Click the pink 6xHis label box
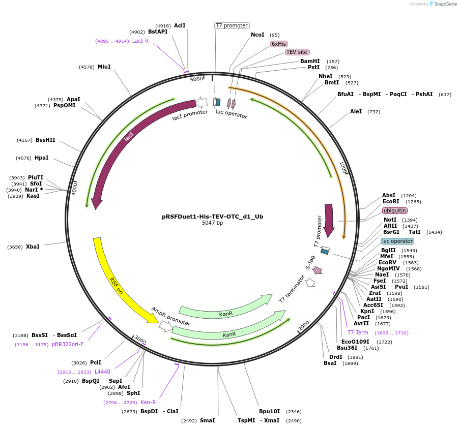click(279, 44)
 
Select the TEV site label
click(297, 52)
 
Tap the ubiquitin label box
click(395, 210)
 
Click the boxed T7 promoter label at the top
click(232, 25)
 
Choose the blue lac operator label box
click(397, 241)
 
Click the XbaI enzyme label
click(33, 247)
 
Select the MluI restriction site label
click(104, 67)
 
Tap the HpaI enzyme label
click(42, 158)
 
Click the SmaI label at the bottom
click(207, 420)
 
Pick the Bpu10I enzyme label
click(270, 411)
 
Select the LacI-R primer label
click(140, 41)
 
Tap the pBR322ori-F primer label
click(68, 344)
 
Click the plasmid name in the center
click(213, 216)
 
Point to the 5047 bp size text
click(213, 223)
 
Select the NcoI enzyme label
click(257, 35)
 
